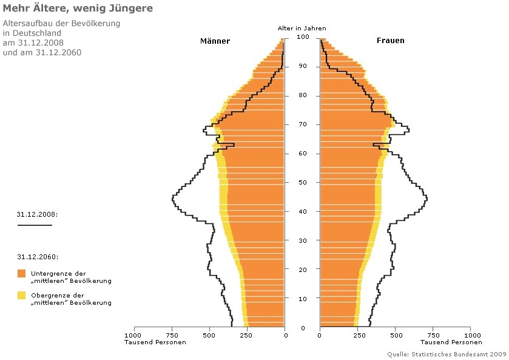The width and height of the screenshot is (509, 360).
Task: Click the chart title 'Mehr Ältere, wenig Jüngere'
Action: (x=78, y=8)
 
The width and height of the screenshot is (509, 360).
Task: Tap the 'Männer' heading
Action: (x=215, y=41)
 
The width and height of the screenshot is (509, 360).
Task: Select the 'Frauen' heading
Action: (x=389, y=41)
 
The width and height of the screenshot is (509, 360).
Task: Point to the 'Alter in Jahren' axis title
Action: (x=302, y=28)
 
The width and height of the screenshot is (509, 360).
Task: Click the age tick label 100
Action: (x=303, y=38)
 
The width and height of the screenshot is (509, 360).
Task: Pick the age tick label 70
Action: (x=303, y=124)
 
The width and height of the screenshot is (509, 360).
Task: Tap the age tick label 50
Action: (x=303, y=183)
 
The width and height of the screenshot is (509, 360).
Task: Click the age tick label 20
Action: (x=303, y=270)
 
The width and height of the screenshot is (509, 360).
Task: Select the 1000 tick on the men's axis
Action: (x=133, y=335)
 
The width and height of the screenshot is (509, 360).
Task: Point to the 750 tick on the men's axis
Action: (x=172, y=335)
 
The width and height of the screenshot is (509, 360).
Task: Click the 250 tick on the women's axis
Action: (x=357, y=335)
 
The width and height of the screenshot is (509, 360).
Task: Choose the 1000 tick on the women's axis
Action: (x=470, y=335)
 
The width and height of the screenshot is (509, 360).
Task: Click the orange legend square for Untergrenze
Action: (x=22, y=273)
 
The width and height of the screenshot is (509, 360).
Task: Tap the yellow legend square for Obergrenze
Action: (x=22, y=295)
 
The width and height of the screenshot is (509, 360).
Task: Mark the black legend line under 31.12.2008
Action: (x=35, y=225)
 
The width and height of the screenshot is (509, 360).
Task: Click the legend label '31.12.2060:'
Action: (x=38, y=257)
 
